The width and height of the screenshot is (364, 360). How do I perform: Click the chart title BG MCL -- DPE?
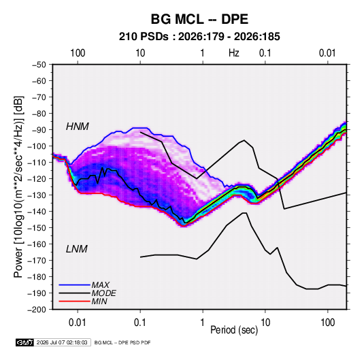(199, 19)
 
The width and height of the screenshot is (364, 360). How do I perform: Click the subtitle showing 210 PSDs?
(199, 37)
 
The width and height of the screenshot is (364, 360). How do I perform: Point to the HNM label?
(78, 127)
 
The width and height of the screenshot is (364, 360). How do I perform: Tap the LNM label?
(77, 249)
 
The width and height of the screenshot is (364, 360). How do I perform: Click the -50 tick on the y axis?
(39, 65)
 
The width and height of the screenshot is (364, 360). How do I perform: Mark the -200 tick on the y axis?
(37, 310)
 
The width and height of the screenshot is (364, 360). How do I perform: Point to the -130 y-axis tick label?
(37, 195)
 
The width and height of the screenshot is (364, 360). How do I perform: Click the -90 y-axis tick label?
(39, 130)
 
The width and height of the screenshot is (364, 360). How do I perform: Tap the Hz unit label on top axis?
(234, 53)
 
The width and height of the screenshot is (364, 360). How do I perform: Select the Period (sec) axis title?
(234, 330)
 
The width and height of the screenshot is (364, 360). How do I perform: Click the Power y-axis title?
(18, 186)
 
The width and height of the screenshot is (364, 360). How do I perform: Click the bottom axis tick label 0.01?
(78, 323)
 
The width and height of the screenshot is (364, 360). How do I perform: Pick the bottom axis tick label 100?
(327, 323)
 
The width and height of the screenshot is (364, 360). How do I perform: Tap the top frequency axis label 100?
(78, 53)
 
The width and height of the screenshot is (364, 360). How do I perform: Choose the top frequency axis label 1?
(203, 53)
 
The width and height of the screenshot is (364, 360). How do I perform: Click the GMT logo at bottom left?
(24, 342)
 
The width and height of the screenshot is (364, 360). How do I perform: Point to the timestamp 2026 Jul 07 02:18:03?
(62, 342)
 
